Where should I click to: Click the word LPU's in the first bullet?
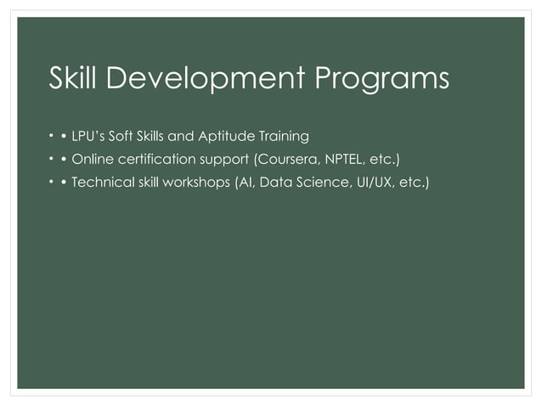click(x=89, y=136)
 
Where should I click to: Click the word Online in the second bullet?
click(x=92, y=160)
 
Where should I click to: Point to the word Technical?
click(x=102, y=183)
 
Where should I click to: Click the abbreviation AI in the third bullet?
click(x=244, y=183)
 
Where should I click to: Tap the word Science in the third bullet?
click(x=320, y=183)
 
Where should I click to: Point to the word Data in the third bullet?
click(x=274, y=183)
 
